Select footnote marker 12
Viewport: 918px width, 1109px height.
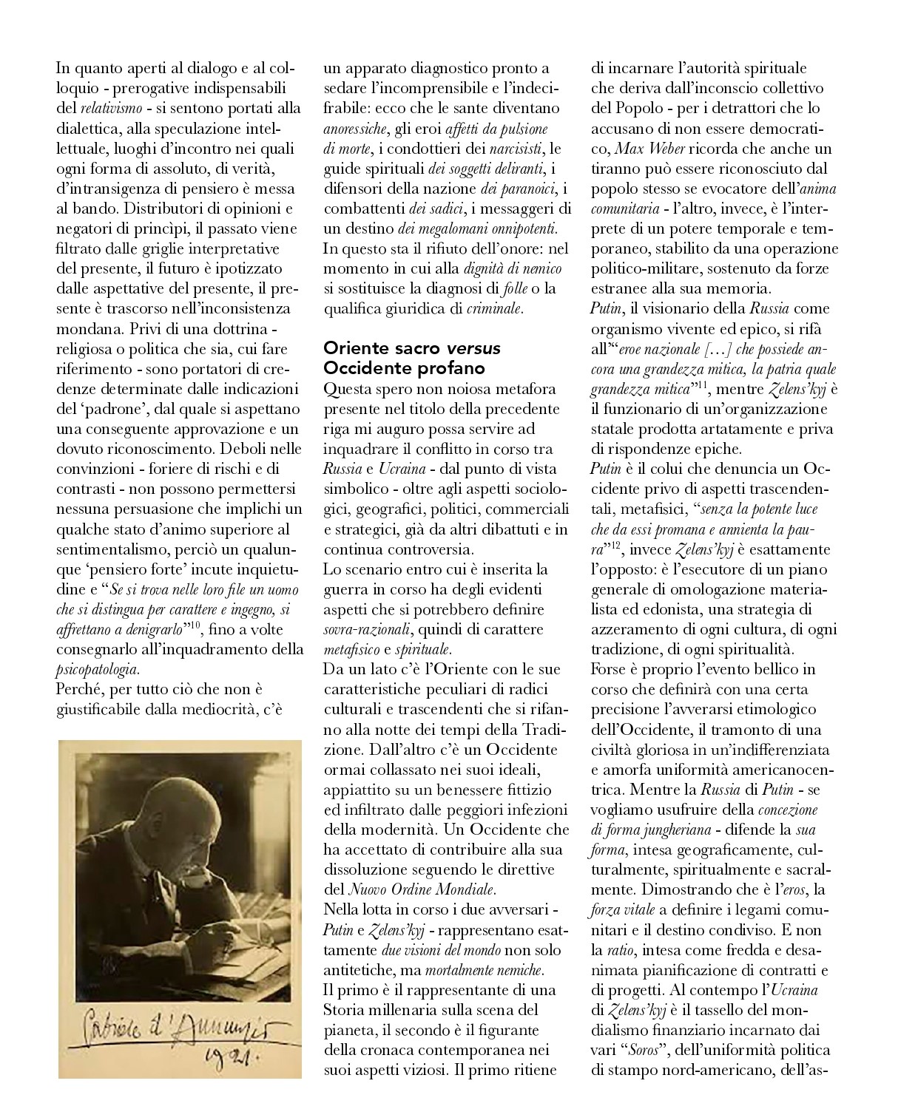(615, 545)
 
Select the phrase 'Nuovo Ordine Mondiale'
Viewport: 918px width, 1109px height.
(421, 889)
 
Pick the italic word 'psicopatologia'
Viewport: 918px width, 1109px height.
(97, 669)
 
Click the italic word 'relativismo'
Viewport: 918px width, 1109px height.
(111, 108)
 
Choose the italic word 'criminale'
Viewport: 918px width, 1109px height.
(494, 308)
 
